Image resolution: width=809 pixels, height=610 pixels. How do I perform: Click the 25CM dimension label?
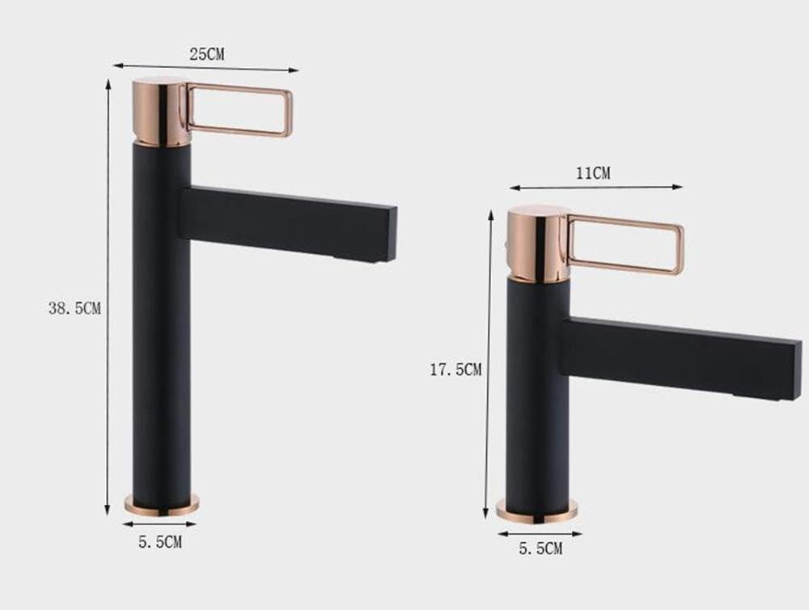point(206,55)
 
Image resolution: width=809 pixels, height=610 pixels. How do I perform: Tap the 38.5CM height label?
point(74,308)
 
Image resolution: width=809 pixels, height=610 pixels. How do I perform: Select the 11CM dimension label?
point(593,173)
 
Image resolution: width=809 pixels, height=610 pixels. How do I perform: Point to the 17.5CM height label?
point(455,370)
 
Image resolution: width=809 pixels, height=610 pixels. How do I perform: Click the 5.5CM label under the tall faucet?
point(159,542)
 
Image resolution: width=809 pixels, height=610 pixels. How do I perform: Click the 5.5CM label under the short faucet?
point(540,549)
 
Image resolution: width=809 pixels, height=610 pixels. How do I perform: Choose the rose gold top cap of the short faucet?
point(538,243)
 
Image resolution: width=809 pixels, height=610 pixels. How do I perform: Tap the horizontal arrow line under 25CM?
point(243,69)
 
